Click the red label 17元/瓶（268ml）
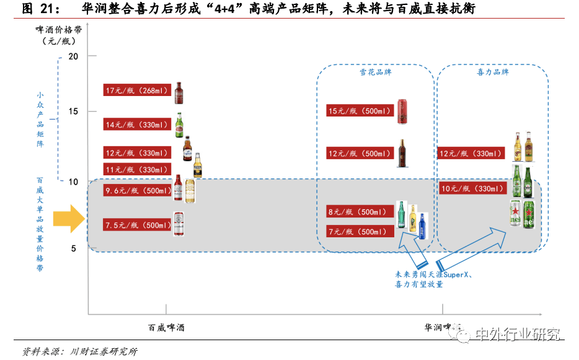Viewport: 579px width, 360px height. (137, 90)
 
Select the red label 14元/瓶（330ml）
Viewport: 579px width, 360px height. (137, 125)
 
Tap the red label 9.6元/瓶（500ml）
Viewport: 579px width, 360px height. (137, 191)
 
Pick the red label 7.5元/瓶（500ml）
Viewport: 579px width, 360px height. (137, 225)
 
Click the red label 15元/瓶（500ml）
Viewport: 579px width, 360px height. (360, 111)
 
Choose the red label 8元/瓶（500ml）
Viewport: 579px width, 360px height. (360, 212)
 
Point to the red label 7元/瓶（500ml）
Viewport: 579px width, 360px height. (360, 232)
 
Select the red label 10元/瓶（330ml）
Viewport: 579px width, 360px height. (471, 188)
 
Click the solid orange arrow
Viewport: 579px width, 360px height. (68, 219)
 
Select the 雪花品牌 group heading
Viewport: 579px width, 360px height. (376, 72)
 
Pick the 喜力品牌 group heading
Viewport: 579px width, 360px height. (492, 72)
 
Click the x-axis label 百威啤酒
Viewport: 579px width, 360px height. (166, 327)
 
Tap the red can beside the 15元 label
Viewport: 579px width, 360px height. (404, 110)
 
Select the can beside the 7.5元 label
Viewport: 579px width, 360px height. (179, 224)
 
